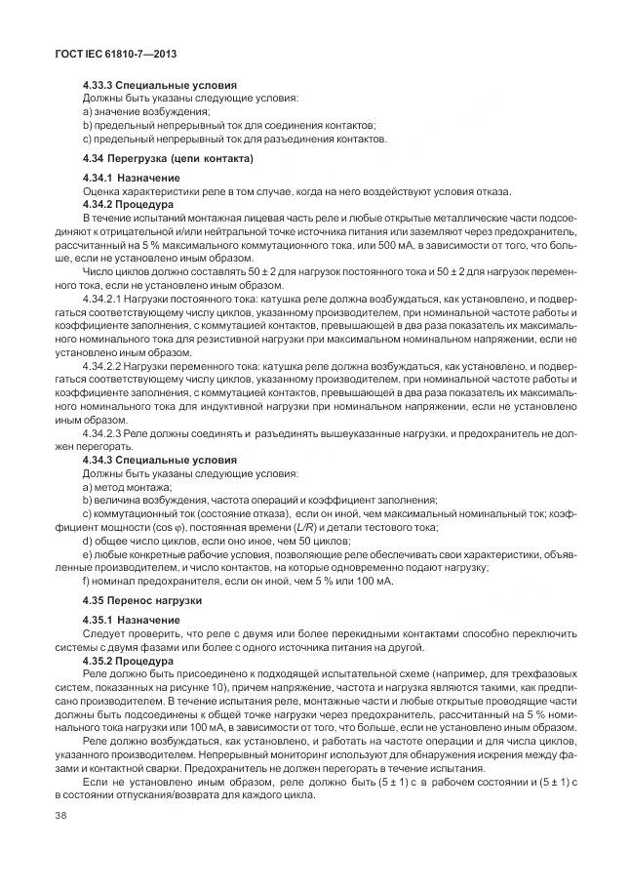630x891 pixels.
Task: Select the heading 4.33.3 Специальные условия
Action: [159, 86]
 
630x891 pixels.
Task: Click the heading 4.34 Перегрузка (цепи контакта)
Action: [168, 158]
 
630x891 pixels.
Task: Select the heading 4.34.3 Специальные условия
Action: [159, 459]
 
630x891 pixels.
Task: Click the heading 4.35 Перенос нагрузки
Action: [142, 598]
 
